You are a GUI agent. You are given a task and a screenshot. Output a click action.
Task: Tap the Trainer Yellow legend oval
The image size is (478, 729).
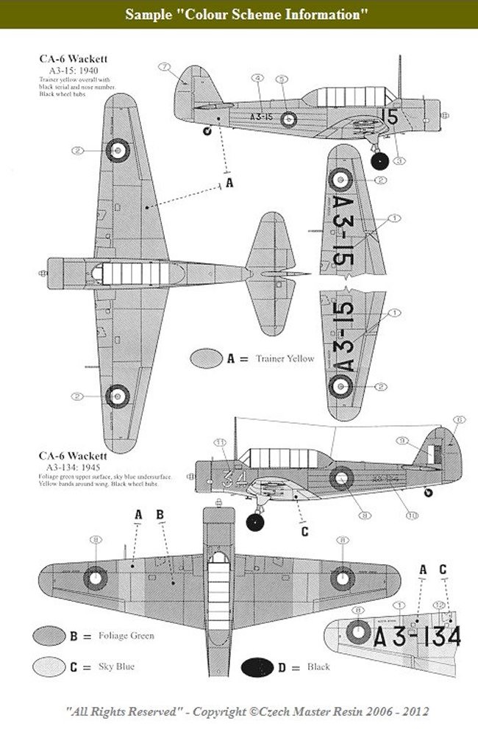coord(206,359)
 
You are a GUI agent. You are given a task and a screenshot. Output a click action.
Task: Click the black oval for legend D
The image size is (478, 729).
coord(261,666)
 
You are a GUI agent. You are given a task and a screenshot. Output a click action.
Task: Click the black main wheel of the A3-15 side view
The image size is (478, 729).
coord(380,163)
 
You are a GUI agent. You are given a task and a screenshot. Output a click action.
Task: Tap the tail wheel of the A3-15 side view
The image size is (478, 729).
coord(207,131)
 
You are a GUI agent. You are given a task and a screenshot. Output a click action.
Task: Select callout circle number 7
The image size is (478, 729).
coord(164,68)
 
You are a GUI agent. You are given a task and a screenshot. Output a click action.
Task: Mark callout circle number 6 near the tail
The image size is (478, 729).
coord(458,420)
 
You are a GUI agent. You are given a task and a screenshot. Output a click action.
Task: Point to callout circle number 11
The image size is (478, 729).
coord(220,442)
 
